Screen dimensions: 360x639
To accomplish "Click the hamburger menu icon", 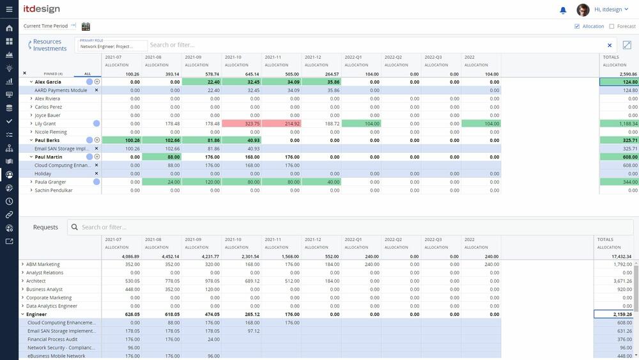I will (9, 10).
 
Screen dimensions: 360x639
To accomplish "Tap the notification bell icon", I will (563, 10).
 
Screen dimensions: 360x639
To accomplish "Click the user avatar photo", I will (583, 10).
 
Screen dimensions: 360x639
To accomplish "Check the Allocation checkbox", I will (578, 26).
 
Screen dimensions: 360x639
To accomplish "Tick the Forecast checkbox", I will (612, 26).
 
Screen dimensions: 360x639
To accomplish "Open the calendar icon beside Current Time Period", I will (86, 26).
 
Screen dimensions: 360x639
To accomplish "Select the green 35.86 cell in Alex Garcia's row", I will (321, 82).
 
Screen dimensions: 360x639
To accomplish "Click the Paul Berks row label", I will (47, 140).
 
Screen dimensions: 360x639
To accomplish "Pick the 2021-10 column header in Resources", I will (233, 57).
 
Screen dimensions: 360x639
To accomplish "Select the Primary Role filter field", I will (111, 46).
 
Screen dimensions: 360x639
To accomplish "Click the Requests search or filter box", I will (192, 227).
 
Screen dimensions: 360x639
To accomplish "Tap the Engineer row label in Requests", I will (36, 315).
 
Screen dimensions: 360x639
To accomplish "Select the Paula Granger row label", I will (50, 182).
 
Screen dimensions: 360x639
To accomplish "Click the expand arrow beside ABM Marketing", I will (22, 264).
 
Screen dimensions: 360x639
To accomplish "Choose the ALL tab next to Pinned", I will (88, 74).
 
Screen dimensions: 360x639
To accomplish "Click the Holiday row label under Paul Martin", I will (43, 173).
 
